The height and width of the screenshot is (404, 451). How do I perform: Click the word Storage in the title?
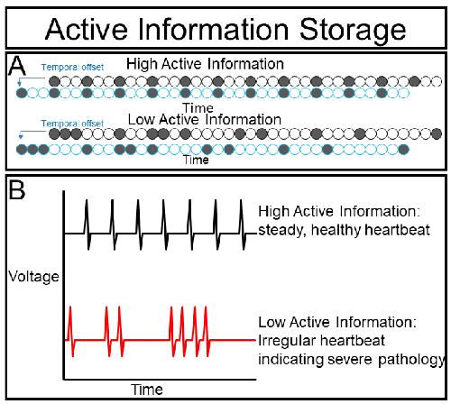[353, 30]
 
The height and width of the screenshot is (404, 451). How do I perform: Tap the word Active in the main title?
[87, 29]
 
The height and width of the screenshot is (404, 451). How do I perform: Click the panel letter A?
[17, 67]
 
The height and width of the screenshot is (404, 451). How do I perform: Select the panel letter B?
[17, 190]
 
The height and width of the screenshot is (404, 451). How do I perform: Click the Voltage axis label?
[33, 277]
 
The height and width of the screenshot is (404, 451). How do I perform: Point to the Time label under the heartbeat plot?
[147, 390]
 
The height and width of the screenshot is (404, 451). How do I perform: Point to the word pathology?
[411, 360]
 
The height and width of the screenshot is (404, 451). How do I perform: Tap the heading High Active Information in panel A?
[205, 64]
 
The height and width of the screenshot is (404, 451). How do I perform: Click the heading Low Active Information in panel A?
[205, 120]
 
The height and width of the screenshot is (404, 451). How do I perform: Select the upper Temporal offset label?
[72, 68]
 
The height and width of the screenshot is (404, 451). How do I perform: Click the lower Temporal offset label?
[72, 124]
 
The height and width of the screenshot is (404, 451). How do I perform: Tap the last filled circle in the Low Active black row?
[437, 133]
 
